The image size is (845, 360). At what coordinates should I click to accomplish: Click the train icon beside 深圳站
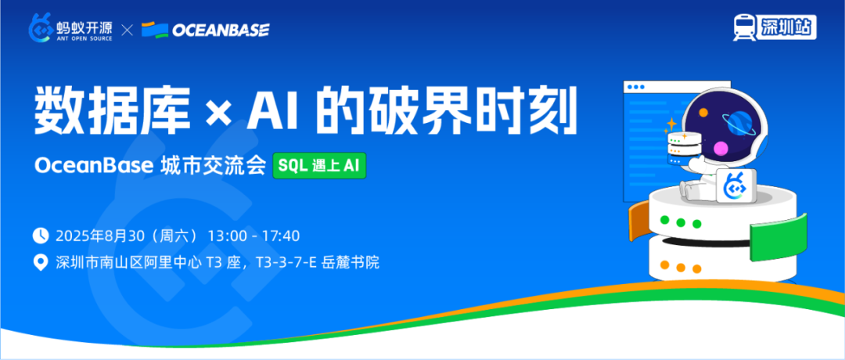coord(744,27)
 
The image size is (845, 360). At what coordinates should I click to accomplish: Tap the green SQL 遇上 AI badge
coord(319,165)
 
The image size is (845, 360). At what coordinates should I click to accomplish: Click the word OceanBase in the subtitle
coord(95,166)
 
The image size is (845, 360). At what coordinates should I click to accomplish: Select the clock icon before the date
coord(41,236)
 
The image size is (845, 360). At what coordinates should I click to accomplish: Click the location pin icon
coord(41,263)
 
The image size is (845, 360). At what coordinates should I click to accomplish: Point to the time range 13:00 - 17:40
coord(253,236)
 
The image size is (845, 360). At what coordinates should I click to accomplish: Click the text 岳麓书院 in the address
coord(351,263)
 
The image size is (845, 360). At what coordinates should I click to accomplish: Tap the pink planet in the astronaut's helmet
coord(721,148)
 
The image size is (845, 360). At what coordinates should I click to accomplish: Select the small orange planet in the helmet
coord(703,113)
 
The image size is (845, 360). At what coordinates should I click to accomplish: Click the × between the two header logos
coord(128,31)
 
